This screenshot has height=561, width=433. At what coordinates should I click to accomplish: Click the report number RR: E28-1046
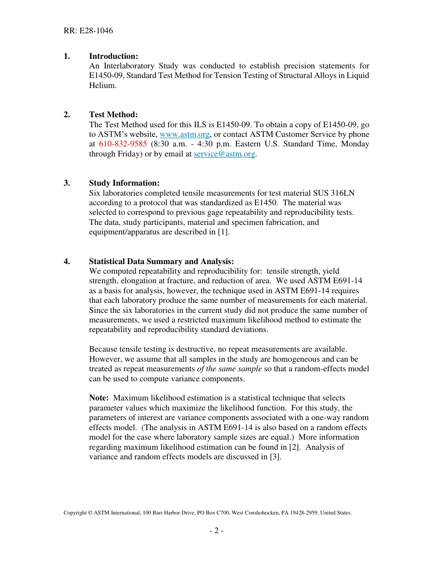pos(88,31)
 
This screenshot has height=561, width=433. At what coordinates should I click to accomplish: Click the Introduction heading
pos(113,56)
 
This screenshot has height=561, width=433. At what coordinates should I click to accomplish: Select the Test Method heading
pos(113,114)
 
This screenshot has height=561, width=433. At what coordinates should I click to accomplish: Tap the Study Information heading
pos(124,183)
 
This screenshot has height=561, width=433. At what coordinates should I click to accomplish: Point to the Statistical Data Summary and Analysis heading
pos(161,261)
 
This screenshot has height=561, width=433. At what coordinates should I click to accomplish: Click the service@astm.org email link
pos(224,154)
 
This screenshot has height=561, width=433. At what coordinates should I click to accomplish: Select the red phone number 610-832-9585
pos(123,144)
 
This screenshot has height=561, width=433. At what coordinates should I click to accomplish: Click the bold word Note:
pos(99,398)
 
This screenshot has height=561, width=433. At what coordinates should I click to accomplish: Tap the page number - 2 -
pos(216,530)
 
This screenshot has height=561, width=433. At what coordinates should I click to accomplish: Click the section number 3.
pos(67,183)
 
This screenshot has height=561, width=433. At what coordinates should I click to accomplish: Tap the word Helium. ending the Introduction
pos(103,85)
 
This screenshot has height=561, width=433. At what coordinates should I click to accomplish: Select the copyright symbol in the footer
pos(90,513)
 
